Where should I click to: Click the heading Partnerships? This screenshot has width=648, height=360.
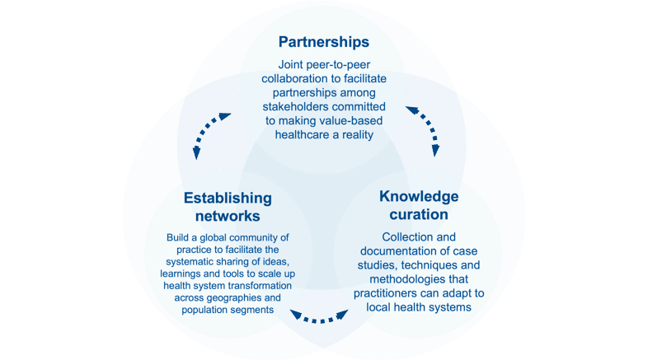point(323,41)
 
